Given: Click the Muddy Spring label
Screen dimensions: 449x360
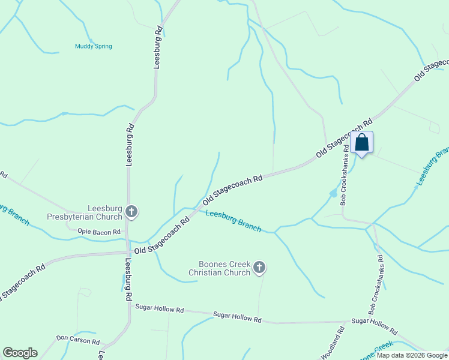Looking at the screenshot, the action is click(93, 46).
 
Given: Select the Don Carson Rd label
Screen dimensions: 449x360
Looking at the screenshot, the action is click(78, 340).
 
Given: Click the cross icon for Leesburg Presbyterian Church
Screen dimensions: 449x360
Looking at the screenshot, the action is click(131, 211).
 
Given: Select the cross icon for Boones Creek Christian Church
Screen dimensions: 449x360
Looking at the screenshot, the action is click(259, 268).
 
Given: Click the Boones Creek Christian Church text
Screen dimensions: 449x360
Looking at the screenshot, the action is click(219, 268).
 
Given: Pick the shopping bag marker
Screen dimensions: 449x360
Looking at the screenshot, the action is click(361, 143).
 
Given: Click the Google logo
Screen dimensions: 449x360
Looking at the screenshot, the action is click(20, 353).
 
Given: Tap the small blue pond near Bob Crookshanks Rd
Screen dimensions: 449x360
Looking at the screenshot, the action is click(333, 193).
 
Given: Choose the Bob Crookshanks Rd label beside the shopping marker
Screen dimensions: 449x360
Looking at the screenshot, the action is click(346, 182).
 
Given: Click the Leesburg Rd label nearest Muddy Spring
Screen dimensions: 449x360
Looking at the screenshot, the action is click(158, 46).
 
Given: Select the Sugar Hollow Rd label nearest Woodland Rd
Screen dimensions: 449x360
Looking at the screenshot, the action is click(374, 326).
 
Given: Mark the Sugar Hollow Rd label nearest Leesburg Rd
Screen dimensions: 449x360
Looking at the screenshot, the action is click(159, 308).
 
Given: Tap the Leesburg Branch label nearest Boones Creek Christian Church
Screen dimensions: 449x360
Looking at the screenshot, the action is click(233, 220).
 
